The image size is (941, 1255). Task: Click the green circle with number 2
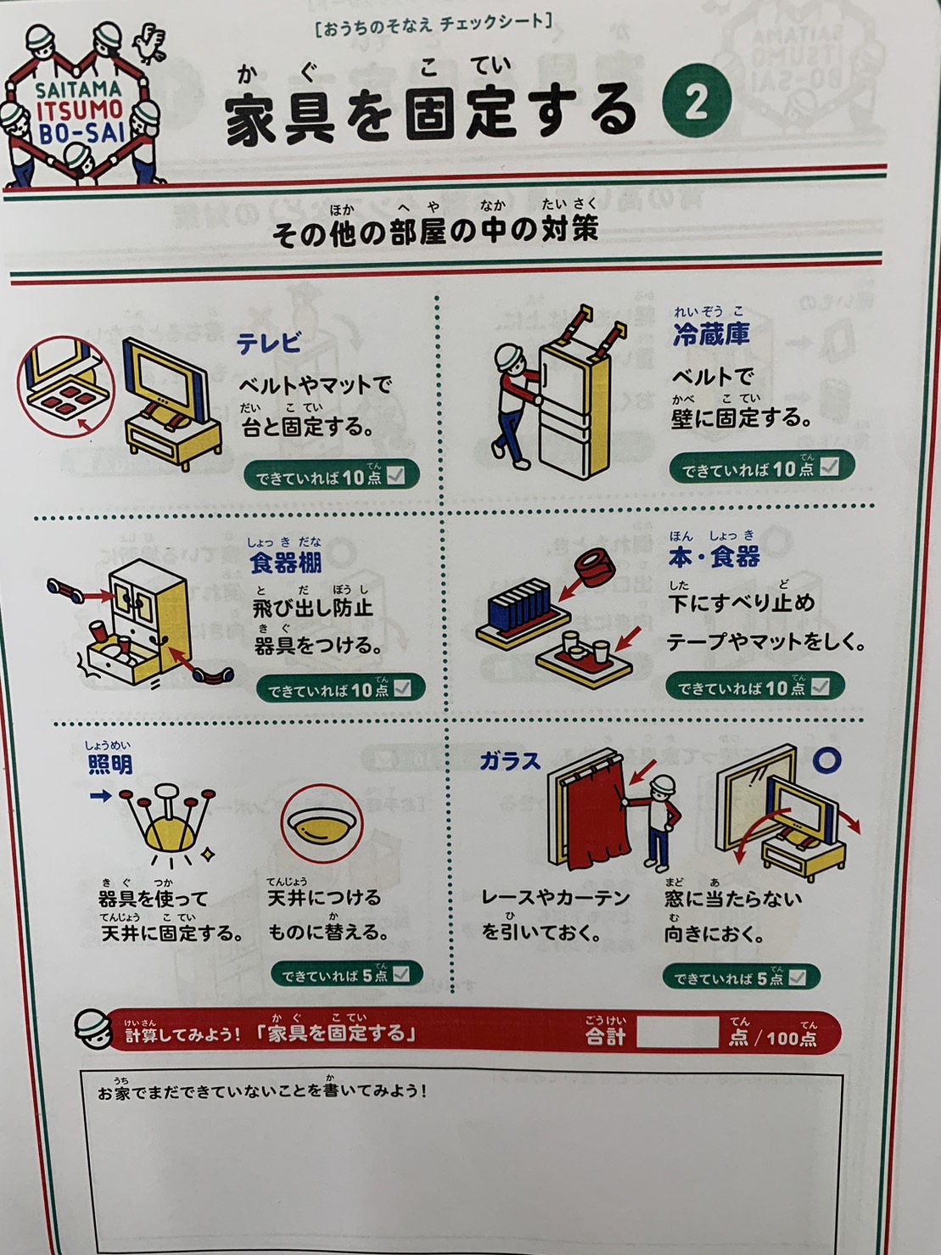point(697,101)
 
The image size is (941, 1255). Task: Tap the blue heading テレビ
point(268,344)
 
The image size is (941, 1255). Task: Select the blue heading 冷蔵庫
point(710,333)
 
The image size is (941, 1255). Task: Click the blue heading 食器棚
point(285,563)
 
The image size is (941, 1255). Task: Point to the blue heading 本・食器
point(714,557)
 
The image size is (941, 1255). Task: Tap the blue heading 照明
point(110,765)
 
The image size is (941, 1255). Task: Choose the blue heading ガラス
point(510,761)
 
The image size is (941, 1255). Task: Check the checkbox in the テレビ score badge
point(395,475)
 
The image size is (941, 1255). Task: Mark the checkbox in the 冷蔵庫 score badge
point(829,467)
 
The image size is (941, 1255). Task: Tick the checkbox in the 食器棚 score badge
point(402,688)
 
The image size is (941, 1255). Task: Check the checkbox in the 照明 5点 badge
point(401,974)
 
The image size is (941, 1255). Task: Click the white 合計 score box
point(677,1032)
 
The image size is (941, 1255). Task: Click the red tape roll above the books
point(595,569)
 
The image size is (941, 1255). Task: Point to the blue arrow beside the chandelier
point(101,795)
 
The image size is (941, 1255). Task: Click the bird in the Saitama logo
point(150,43)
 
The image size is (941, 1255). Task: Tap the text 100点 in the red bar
point(793,1037)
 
